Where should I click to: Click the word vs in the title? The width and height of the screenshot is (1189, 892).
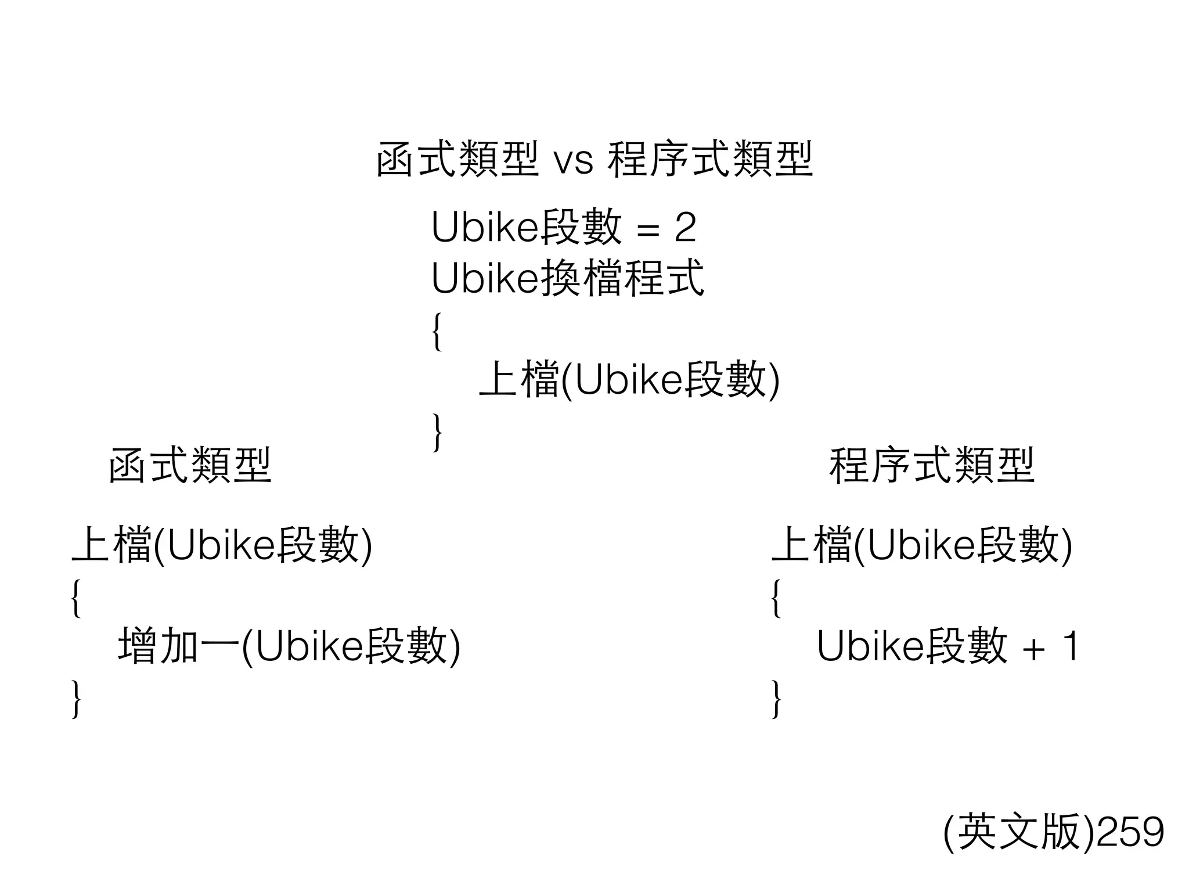coord(574,161)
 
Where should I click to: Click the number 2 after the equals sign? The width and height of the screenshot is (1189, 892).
coord(685,228)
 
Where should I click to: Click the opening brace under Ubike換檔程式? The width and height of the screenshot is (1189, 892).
coord(437,331)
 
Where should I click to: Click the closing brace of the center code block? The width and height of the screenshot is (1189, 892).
coord(437,432)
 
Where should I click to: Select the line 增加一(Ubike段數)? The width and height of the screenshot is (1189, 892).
coord(289,646)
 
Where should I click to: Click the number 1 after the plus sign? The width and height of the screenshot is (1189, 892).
coord(1069,646)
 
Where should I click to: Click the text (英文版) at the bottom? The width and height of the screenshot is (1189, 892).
coord(1019,832)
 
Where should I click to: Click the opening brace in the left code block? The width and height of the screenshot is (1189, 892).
coord(75,598)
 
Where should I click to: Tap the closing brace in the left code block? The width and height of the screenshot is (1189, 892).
coord(75,699)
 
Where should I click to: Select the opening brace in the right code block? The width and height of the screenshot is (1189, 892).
coord(776,598)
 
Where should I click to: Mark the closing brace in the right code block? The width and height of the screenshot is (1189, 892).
coord(776,699)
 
